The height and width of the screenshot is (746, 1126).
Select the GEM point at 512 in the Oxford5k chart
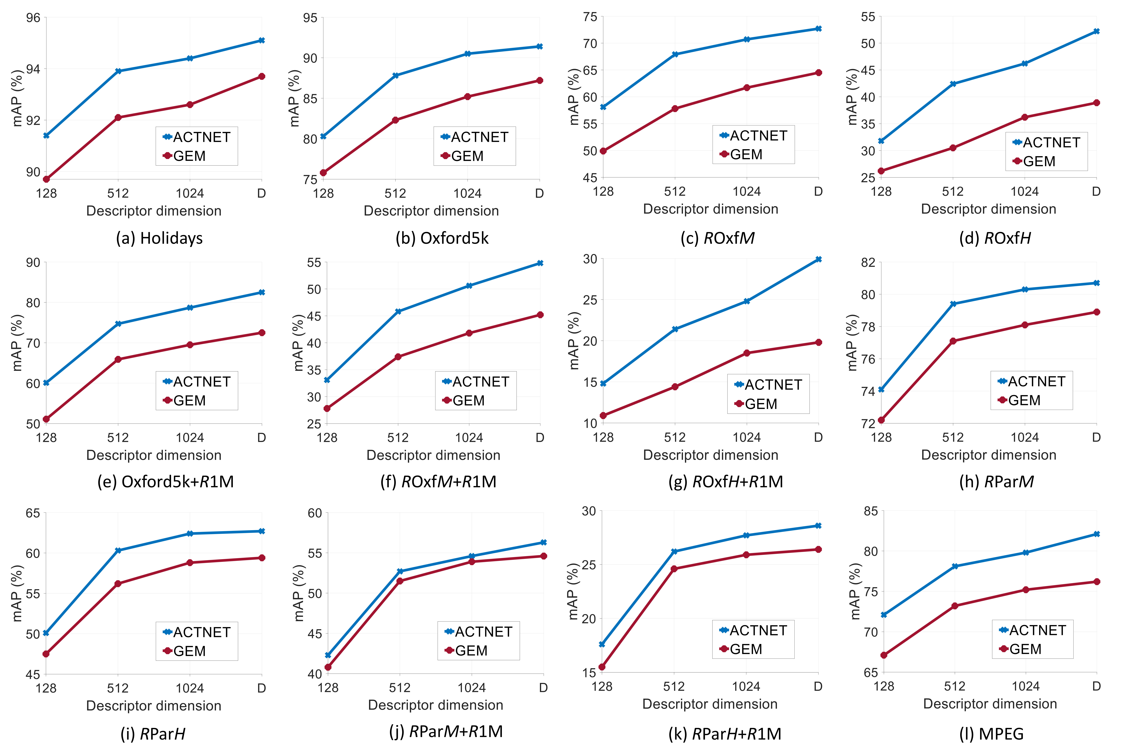[395, 120]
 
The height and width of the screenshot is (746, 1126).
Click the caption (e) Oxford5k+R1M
[166, 482]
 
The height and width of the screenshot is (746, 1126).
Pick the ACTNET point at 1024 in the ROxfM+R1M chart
[469, 285]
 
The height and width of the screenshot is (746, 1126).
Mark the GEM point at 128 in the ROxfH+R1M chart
[603, 415]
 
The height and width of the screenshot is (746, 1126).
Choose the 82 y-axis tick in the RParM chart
[868, 263]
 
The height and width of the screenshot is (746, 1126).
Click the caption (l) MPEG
[991, 734]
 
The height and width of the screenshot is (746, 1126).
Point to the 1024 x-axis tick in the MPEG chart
[1026, 686]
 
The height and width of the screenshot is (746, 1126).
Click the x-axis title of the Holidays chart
[154, 211]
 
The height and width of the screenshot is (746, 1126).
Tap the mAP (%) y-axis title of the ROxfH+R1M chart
[574, 341]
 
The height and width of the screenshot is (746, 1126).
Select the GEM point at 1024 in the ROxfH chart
[1025, 117]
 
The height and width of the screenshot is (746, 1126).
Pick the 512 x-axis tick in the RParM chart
[953, 437]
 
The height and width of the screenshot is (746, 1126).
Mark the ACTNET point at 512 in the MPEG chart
[955, 566]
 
